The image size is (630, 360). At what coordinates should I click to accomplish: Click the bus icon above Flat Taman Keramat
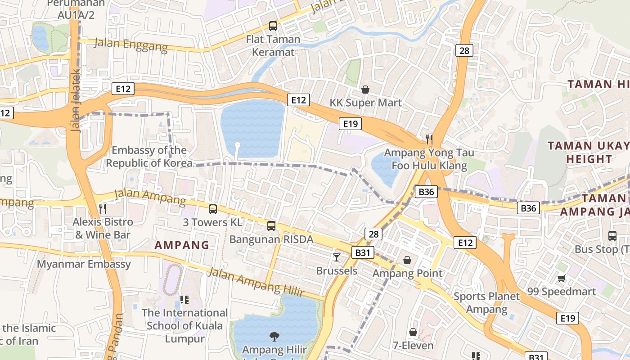273,26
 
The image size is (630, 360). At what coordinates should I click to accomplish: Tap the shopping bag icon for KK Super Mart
365,90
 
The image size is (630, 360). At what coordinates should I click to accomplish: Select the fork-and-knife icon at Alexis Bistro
103,208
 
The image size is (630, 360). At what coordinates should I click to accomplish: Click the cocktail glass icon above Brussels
336,257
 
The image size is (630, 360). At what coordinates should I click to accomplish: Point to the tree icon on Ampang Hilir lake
274,336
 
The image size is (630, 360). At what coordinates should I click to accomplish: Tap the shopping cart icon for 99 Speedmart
561,278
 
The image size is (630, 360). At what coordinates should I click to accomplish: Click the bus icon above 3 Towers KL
213,209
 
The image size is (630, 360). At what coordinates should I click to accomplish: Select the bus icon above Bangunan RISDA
271,225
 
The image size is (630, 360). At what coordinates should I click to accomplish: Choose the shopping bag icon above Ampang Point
407,260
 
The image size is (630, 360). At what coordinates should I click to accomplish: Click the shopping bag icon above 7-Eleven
413,332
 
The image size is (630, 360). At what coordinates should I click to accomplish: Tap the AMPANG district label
182,245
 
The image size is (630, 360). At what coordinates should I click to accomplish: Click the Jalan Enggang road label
130,45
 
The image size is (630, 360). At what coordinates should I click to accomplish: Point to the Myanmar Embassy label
84,264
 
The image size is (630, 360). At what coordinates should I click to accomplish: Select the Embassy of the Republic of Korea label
149,157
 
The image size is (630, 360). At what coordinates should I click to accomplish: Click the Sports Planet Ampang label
486,303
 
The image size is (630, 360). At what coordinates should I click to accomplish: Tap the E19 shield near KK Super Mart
350,124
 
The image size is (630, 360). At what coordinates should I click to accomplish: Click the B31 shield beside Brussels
362,252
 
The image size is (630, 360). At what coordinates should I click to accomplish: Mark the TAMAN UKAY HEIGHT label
589,152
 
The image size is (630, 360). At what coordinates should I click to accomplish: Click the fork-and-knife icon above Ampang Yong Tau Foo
429,139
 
